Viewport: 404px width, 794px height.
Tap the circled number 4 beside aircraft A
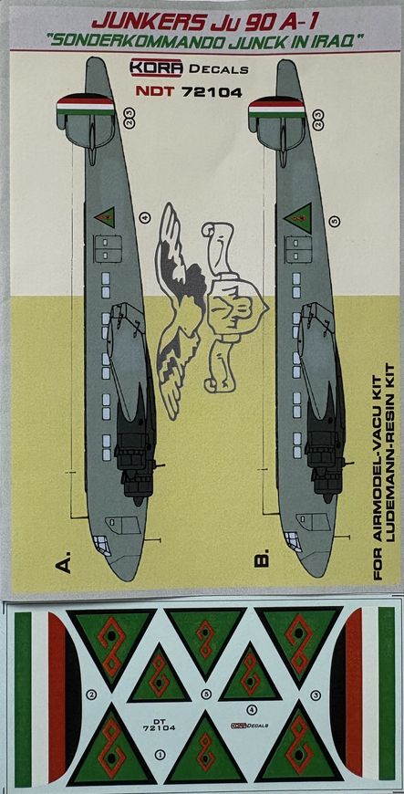click(144, 217)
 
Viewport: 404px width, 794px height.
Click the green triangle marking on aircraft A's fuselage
click(104, 217)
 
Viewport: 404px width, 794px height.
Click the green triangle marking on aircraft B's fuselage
click(297, 217)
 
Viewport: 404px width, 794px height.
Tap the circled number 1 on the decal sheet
click(161, 754)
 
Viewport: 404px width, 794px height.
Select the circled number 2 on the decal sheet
click(90, 695)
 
